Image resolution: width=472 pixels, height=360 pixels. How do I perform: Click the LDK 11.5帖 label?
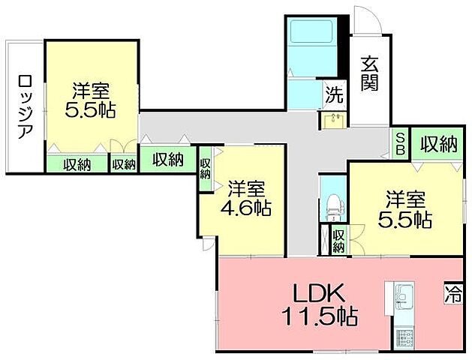coord(314,301)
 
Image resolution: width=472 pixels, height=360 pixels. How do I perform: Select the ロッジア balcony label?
coord(25,106)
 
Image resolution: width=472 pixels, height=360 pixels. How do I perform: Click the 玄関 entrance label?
coord(368,73)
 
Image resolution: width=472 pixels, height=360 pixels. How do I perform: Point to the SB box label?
coord(402,143)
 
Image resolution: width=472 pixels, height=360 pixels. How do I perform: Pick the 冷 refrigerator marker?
coord(453,289)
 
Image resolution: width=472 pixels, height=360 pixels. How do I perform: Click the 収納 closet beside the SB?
coord(438,142)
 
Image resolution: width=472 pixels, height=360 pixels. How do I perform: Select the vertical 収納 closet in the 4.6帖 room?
coord(206,166)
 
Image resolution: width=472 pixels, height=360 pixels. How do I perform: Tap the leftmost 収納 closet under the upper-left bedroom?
coord(77,163)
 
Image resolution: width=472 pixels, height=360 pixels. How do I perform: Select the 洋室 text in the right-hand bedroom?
coord(406,199)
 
